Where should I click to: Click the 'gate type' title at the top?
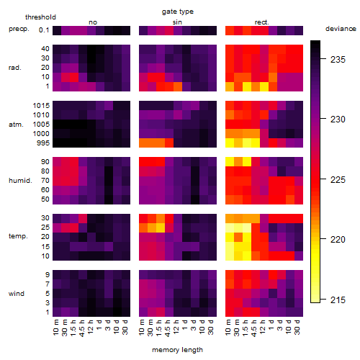tap(178, 12)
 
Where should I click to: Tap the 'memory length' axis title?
tap(177, 350)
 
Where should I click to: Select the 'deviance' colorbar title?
tap(341, 29)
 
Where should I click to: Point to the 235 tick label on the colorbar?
tap(338, 60)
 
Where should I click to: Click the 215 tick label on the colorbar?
tap(338, 300)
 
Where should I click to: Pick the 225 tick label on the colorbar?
tap(338, 179)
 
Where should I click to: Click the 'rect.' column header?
tap(262, 22)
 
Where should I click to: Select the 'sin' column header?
tap(177, 22)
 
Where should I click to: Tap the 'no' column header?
tap(93, 22)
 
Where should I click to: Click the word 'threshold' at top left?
tap(40, 17)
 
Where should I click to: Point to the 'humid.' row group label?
tap(20, 181)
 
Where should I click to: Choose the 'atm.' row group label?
tap(16, 125)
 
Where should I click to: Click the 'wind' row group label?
tap(17, 294)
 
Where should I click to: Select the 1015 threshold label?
tap(41, 106)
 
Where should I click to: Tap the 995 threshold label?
tap(43, 143)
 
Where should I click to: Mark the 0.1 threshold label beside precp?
tap(44, 30)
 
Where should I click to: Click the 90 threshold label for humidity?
tap(45, 162)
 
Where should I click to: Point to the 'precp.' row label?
tap(19, 29)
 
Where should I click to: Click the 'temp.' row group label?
tap(18, 236)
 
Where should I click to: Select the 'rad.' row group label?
tap(15, 68)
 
